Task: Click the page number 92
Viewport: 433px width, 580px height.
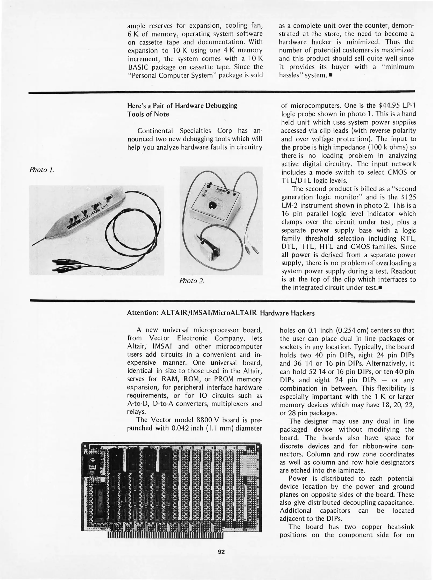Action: click(221, 552)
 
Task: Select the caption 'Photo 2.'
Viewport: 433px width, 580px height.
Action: click(192, 281)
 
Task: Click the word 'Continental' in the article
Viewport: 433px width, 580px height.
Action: click(155, 131)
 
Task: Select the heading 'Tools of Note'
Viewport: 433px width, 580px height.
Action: click(148, 114)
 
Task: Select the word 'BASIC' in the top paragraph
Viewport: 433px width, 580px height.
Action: click(137, 67)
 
